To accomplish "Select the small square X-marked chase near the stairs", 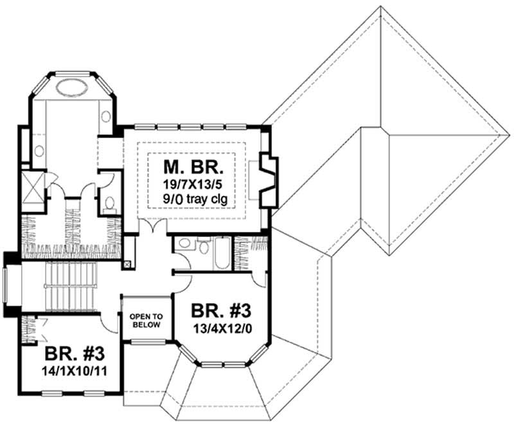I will click(x=127, y=263).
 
